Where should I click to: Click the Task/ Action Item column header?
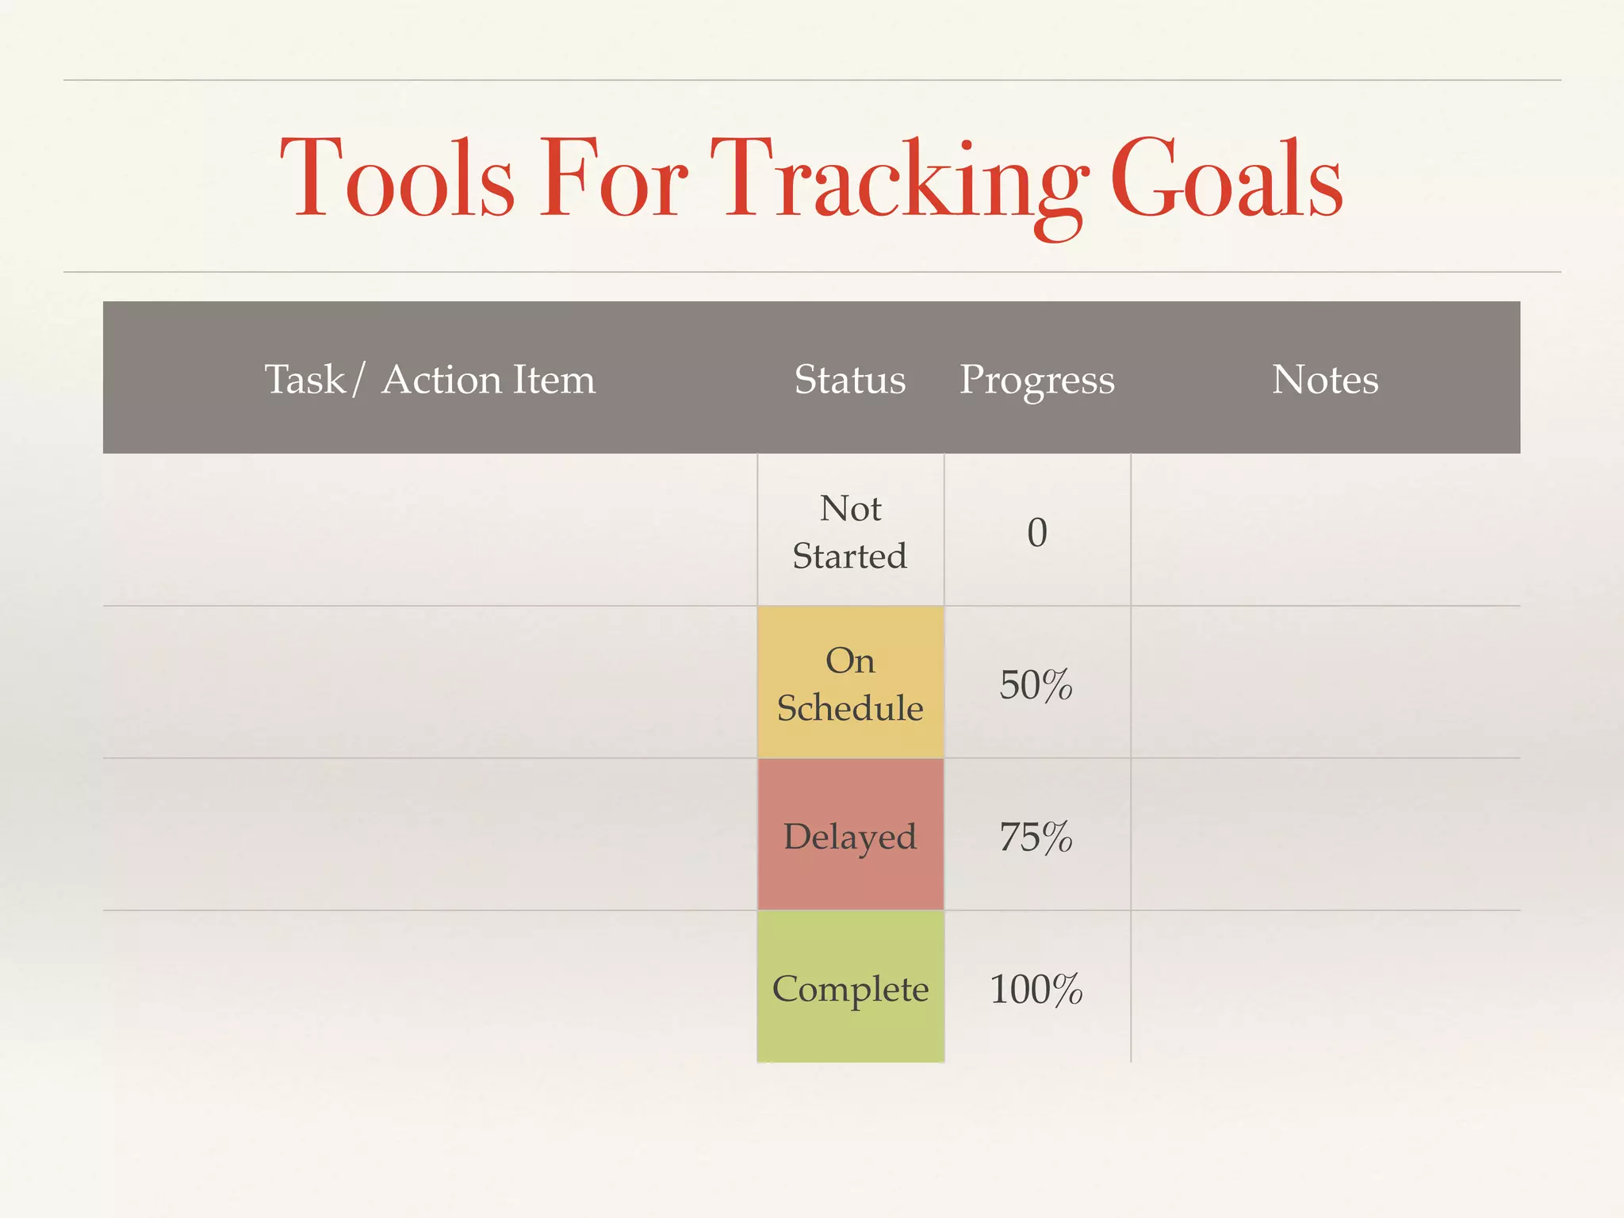click(x=430, y=379)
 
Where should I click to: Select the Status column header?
click(x=850, y=379)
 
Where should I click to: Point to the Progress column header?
click(x=1037, y=379)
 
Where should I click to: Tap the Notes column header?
click(x=1325, y=379)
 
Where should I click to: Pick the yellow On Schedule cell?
click(x=850, y=683)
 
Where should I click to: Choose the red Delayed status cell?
click(x=850, y=835)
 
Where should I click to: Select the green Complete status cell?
click(x=850, y=987)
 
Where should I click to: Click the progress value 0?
click(x=1037, y=532)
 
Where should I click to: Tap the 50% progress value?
click(x=1036, y=684)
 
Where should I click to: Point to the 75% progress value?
click(x=1036, y=837)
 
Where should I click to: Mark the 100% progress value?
click(x=1036, y=989)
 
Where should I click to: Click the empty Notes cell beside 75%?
click(x=1325, y=835)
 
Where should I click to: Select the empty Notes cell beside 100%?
click(x=1325, y=987)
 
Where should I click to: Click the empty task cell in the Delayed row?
click(x=430, y=835)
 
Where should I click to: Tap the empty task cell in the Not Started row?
click(x=430, y=530)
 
